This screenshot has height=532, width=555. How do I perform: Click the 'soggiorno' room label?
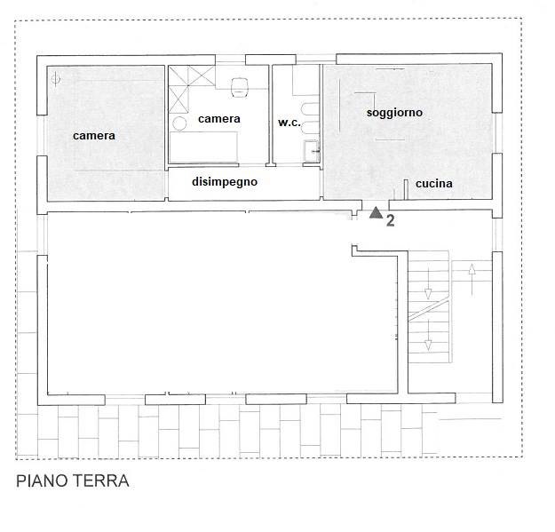394,113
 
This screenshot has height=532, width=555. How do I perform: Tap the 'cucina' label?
434,183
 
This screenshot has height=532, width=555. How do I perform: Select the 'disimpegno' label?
225,182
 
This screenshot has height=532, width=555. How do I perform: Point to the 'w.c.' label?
289,123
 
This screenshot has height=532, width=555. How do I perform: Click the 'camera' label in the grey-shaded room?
94,136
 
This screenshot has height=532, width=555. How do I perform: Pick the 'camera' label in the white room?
219,119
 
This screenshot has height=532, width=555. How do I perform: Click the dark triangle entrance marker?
376,213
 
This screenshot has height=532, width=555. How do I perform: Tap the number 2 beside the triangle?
391,221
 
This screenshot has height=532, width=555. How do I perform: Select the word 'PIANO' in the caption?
42,481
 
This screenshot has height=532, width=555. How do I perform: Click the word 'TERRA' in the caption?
101,481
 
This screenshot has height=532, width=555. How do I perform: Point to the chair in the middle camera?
240,87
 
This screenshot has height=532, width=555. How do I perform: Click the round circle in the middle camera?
179,123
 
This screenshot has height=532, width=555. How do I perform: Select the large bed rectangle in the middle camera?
203,147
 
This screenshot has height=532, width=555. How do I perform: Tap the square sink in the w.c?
312,151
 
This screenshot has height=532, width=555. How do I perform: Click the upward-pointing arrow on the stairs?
472,280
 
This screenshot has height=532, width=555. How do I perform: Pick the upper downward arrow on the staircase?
428,283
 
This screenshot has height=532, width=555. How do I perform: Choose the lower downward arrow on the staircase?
428,335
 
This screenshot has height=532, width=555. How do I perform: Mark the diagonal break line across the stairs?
429,311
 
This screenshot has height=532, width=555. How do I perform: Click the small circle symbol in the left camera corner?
56,78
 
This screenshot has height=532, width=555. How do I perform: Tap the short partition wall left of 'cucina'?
407,189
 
